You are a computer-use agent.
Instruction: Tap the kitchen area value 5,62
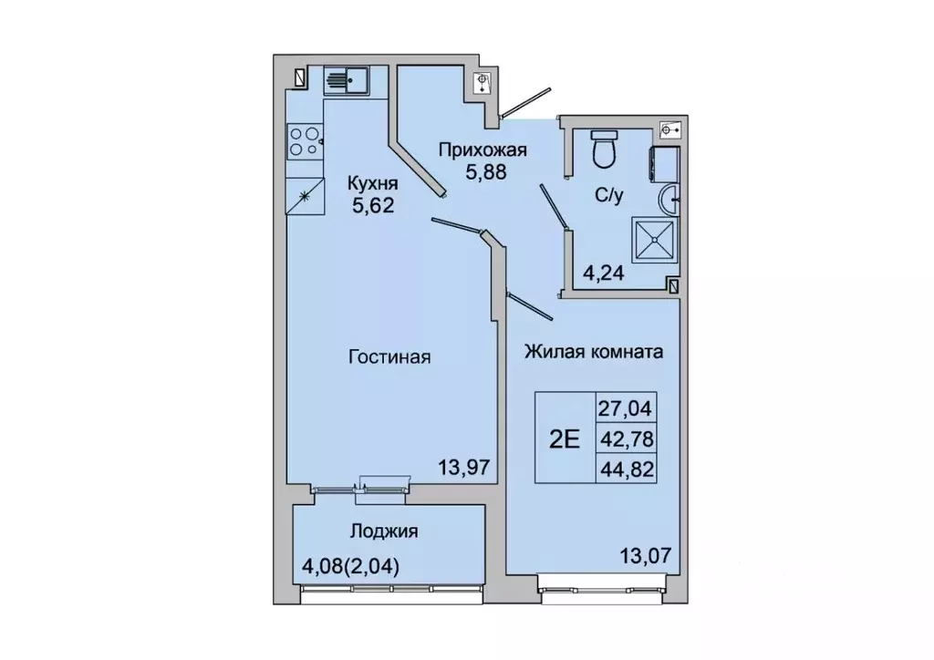point(373,205)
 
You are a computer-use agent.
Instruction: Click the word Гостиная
point(389,357)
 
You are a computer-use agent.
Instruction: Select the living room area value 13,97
point(466,468)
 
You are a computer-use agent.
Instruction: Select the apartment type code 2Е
point(564,438)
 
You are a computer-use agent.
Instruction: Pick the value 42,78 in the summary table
point(625,438)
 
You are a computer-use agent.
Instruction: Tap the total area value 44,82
point(625,469)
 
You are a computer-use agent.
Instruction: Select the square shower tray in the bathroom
point(657,240)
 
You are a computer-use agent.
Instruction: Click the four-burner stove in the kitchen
point(304,141)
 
